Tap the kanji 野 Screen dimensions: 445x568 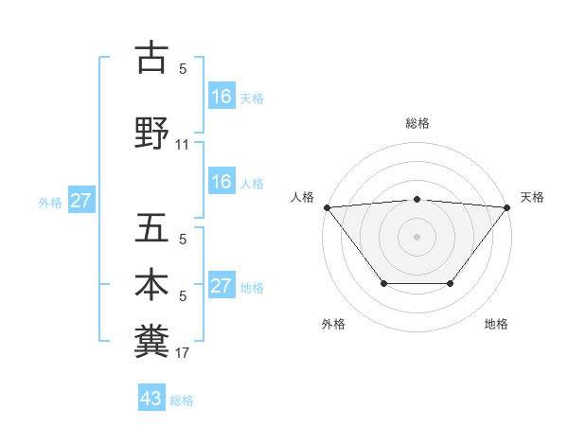tap(151, 133)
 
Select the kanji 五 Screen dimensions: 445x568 tap(151, 228)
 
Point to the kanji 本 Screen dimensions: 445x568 tap(151, 285)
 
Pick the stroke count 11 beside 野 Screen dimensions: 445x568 tap(183, 145)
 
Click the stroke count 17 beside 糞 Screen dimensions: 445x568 tap(183, 353)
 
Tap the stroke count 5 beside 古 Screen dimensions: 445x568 tap(183, 68)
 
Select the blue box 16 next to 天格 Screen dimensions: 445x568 tap(222, 96)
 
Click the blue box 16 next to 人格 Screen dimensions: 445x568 tap(222, 182)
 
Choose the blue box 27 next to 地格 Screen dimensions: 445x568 tap(222, 286)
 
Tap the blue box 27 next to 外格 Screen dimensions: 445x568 tap(81, 201)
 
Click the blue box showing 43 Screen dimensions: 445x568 tap(151, 399)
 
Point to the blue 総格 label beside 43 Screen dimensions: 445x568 tap(182, 400)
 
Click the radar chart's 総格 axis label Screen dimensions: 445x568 tap(417, 123)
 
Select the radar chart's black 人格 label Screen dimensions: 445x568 tap(303, 197)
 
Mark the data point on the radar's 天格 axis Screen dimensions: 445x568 tap(507, 207)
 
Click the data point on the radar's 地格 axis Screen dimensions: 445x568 tap(451, 283)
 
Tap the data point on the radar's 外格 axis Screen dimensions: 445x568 tap(383, 283)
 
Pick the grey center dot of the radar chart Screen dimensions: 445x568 tap(417, 237)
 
